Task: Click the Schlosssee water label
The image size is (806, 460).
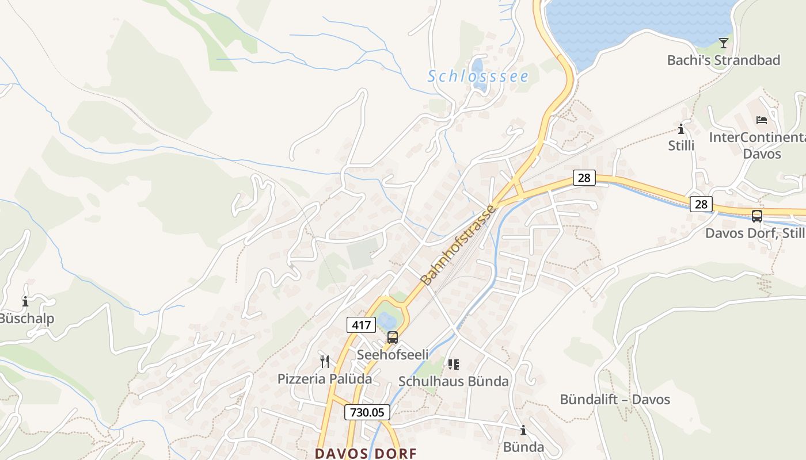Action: [x=477, y=76]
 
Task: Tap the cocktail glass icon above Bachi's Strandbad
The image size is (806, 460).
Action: [x=724, y=43]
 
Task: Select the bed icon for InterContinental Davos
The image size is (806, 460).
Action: [x=762, y=120]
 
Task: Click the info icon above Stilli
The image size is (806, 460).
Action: [x=681, y=129]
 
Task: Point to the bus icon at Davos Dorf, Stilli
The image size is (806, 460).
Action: [x=756, y=216]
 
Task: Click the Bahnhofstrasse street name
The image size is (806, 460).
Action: [x=459, y=246]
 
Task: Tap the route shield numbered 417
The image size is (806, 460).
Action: [x=361, y=325]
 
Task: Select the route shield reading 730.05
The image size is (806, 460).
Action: [x=367, y=412]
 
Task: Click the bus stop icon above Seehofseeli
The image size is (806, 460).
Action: [x=393, y=338]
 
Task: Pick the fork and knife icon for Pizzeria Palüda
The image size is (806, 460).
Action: [x=325, y=362]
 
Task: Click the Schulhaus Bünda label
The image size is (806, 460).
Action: [x=454, y=381]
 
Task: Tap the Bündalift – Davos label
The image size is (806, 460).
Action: [x=615, y=399]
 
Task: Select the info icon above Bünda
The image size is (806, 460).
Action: [x=523, y=430]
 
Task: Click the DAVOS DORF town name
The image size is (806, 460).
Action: [x=366, y=453]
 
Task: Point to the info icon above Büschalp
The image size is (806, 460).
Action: [x=25, y=301]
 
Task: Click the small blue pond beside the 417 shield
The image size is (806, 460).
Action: [x=386, y=320]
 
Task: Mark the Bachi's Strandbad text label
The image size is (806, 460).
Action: [x=724, y=60]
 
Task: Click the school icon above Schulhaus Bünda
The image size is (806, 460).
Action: [x=454, y=364]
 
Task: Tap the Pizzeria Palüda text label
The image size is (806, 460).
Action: [x=325, y=379]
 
